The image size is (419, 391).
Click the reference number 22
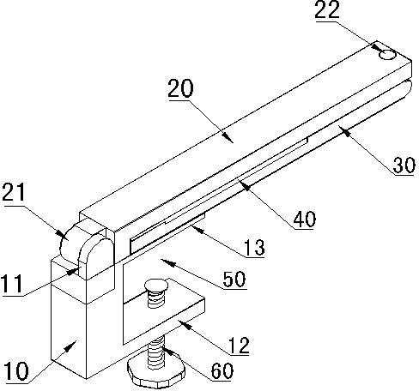327,9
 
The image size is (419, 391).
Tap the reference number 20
180,88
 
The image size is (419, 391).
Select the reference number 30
404,165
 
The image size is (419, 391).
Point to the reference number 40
305,220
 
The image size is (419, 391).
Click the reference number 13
254,248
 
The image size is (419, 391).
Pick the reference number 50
234,280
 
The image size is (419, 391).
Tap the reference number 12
239,346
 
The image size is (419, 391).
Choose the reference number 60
222,370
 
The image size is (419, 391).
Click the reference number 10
15,370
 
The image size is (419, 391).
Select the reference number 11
11,284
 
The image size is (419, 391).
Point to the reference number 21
14,191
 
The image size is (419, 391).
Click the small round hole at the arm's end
387,55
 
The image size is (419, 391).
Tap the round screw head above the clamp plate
156,285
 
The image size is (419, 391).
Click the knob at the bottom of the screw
156,375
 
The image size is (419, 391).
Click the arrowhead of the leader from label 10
72,346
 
